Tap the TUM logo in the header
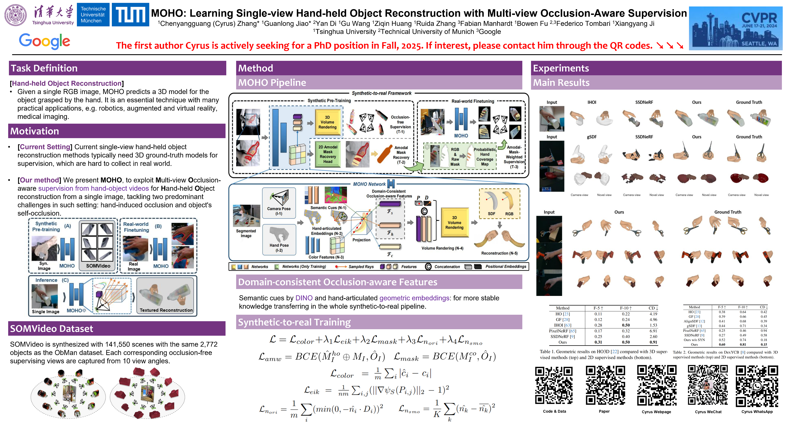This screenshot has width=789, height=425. (x=130, y=15)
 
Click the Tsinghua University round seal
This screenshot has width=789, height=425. (x=15, y=15)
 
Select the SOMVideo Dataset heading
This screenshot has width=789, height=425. (x=51, y=329)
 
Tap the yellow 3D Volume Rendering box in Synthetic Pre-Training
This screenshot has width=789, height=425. (x=327, y=122)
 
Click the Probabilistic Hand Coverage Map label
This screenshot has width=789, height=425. (x=484, y=157)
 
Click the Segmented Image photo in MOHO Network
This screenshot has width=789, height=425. (x=246, y=216)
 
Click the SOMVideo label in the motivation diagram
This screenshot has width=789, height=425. (x=98, y=266)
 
